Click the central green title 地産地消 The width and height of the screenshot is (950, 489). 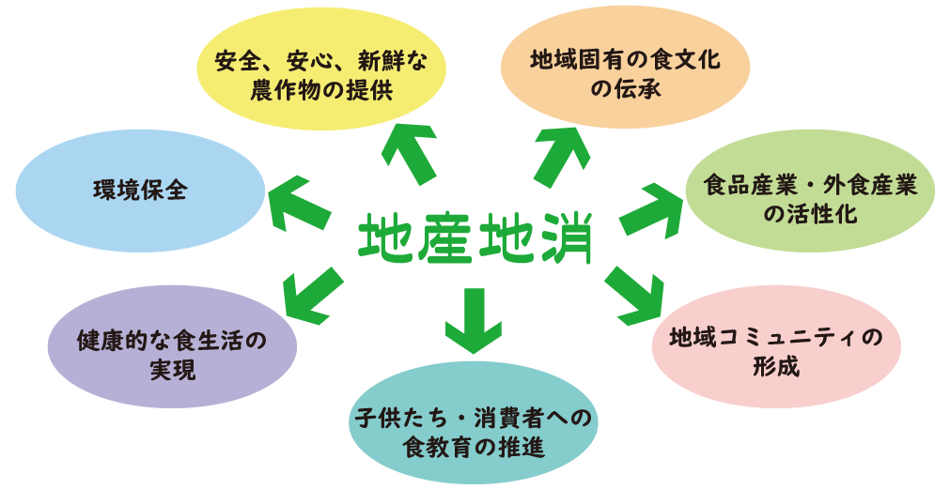coord(475,241)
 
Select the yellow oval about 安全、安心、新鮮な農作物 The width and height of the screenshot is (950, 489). coord(320,77)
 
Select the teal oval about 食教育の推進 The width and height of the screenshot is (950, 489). coord(474,430)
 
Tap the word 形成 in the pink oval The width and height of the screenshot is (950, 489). coord(776,365)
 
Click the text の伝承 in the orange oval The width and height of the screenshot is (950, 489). coord(625,90)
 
